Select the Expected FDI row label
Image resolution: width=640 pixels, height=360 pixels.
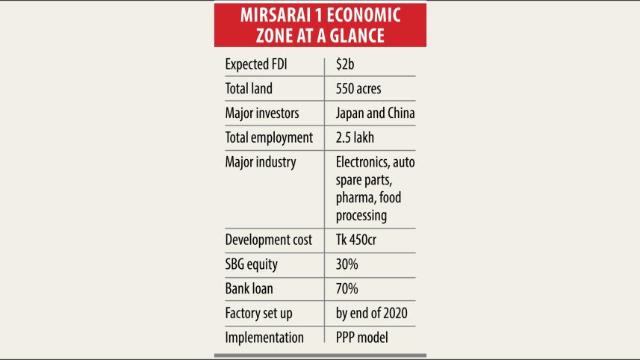pos(256,65)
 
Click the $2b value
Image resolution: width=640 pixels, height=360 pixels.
pos(346,65)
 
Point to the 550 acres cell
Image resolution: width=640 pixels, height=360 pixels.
pos(358,89)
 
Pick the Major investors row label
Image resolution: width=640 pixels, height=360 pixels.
pos(261,114)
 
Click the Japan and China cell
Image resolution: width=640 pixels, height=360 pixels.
pos(375,114)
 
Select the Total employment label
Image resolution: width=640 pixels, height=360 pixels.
pos(268,138)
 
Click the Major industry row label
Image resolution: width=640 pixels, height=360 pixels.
pos(261,162)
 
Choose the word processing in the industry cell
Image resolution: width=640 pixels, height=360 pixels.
pos(361,216)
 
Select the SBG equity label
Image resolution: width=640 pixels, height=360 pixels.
pos(252,264)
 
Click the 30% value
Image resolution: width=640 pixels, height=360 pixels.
pos(348,264)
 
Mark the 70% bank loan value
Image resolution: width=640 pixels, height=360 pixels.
pos(348,289)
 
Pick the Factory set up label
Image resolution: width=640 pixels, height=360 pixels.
pos(258,313)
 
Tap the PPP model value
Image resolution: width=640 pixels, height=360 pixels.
pos(361,338)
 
